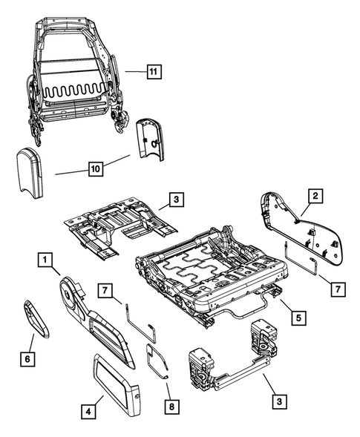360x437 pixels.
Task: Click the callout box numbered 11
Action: (x=153, y=72)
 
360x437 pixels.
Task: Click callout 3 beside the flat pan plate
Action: (x=174, y=200)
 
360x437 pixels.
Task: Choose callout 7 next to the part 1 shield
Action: (x=106, y=289)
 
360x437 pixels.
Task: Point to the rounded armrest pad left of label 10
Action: (x=35, y=171)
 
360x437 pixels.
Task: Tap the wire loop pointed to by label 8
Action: (x=157, y=359)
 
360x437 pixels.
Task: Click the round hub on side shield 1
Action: (x=73, y=292)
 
